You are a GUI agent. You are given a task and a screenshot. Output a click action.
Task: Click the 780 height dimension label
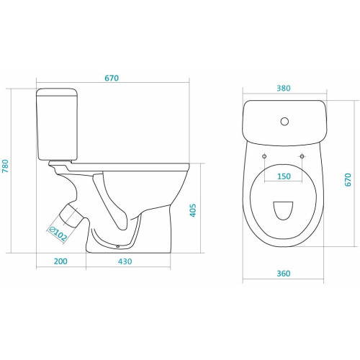click(5, 166)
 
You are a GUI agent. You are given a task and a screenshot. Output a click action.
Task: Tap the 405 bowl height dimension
click(193, 210)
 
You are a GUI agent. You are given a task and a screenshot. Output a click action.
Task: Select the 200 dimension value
click(60, 261)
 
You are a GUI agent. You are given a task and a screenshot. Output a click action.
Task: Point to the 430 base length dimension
click(125, 261)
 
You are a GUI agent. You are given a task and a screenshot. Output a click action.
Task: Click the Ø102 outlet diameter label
click(57, 234)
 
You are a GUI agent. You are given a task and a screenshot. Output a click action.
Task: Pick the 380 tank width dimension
click(284, 88)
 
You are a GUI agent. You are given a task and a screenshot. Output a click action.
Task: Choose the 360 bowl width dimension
click(284, 274)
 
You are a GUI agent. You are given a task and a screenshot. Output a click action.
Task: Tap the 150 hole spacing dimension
click(284, 176)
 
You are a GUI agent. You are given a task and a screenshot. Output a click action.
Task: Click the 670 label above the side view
click(112, 78)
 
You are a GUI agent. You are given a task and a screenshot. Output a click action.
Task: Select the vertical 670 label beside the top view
click(348, 179)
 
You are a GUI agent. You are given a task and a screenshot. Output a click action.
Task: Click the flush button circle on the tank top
click(284, 122)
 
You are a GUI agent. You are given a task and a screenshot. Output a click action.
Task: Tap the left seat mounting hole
click(264, 156)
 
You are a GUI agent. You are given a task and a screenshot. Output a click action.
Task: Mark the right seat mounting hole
click(302, 156)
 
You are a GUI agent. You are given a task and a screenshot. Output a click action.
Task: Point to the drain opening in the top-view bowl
click(283, 210)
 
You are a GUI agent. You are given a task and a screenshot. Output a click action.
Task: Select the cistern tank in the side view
click(57, 125)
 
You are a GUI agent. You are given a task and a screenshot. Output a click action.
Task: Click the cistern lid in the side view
click(57, 92)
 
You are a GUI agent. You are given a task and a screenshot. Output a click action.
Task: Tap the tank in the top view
click(284, 123)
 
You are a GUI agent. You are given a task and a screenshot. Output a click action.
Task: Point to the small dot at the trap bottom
click(117, 246)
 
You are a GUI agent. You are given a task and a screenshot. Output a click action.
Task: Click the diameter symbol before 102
click(51, 230)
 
